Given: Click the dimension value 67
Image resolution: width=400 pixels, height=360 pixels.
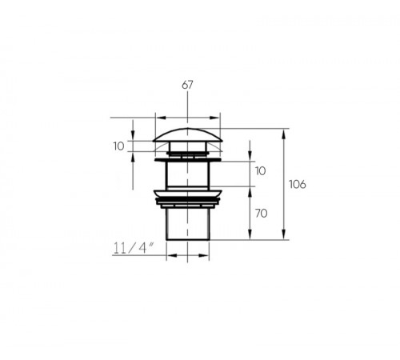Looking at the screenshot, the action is (x=187, y=85).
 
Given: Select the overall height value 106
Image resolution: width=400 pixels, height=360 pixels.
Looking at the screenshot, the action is (x=298, y=184).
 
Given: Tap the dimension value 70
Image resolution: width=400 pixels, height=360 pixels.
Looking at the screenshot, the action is (x=261, y=214).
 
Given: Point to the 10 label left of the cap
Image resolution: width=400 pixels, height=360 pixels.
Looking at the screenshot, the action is (x=118, y=146).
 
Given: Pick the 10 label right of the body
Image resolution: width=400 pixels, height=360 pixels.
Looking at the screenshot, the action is (x=261, y=171).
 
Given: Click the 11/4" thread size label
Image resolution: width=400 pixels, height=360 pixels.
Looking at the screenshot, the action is (x=134, y=248).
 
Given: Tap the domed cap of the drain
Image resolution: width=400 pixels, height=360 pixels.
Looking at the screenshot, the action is (x=187, y=135).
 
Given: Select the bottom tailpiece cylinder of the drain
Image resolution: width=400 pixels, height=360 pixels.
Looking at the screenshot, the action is (x=188, y=224).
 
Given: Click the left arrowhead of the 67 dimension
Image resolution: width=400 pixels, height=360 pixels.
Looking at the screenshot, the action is (x=161, y=118).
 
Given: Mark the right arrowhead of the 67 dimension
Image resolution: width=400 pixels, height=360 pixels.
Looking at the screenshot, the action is (x=214, y=118).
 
